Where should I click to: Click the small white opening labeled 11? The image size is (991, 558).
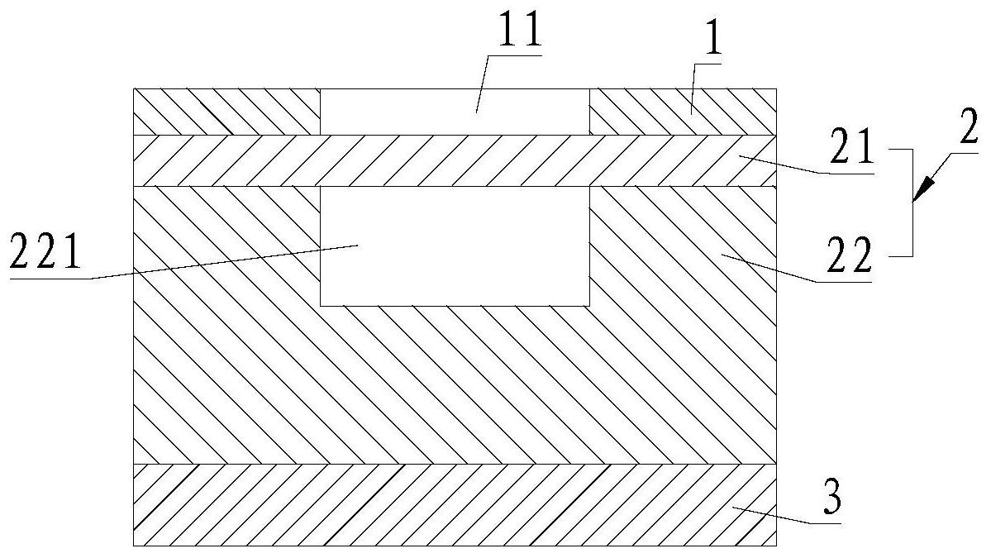coord(455,111)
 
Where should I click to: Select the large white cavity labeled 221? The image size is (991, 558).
coord(455,246)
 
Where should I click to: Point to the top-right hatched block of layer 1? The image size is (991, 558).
coord(683,111)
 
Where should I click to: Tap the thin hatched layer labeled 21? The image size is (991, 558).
coord(455,160)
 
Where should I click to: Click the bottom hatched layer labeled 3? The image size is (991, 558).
coord(455,504)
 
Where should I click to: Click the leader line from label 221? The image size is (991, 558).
coord(207,264)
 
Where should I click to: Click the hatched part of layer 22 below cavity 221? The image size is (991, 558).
coord(455,384)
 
